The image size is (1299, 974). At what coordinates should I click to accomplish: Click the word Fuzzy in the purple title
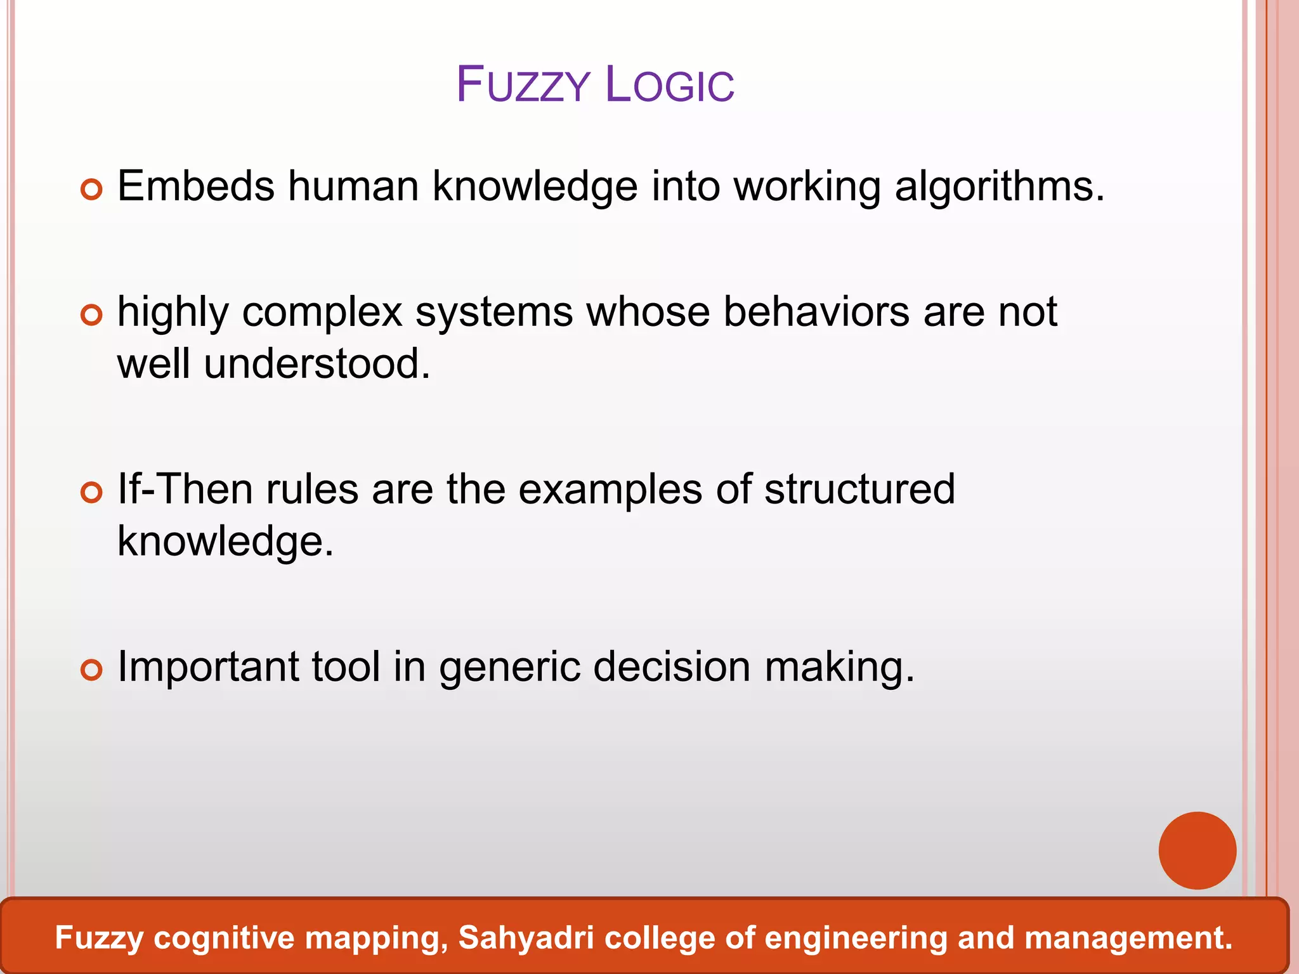click(x=523, y=85)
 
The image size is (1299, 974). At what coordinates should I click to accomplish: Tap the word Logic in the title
click(x=670, y=85)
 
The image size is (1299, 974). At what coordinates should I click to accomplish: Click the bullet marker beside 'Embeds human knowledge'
click(x=92, y=189)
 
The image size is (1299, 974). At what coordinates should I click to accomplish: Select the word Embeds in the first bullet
click(x=196, y=186)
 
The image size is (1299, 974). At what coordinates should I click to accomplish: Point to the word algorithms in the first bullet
click(x=1000, y=188)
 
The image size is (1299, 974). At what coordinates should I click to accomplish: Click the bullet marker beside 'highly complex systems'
click(x=92, y=315)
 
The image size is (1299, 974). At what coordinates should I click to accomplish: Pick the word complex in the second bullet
click(x=322, y=313)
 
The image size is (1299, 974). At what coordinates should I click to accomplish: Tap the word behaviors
click(x=816, y=312)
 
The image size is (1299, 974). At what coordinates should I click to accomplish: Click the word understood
click(x=317, y=364)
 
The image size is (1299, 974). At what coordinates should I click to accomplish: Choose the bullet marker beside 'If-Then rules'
click(x=92, y=492)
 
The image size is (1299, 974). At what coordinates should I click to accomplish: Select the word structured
click(x=859, y=490)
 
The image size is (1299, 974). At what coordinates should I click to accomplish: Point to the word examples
click(x=610, y=491)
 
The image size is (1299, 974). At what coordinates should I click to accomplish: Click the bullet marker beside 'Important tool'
click(x=92, y=670)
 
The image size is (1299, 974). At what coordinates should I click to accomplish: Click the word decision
click(x=672, y=667)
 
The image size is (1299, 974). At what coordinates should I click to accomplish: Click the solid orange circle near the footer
click(x=1197, y=850)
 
